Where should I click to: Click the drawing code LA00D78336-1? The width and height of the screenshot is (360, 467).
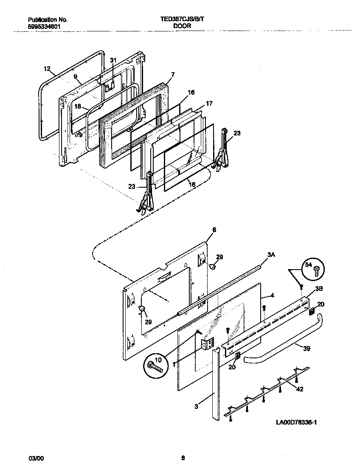tap(297, 423)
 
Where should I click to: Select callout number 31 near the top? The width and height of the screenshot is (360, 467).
tap(112, 60)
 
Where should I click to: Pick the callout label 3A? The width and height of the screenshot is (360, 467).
tap(271, 254)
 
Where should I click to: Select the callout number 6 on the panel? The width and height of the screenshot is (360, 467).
tap(214, 229)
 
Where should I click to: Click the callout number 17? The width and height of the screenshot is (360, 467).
tap(209, 103)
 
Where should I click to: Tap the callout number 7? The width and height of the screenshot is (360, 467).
tap(173, 74)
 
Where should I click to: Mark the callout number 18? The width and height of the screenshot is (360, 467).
tap(78, 107)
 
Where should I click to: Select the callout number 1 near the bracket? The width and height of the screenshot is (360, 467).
tap(174, 364)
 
